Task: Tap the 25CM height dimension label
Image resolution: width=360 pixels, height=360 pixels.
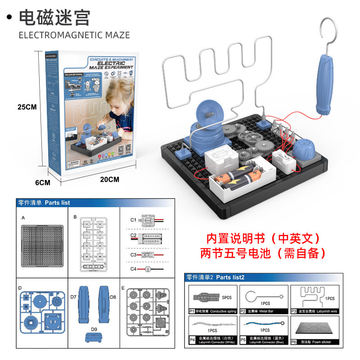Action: pos(27,107)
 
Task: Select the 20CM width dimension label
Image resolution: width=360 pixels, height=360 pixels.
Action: pos(110,179)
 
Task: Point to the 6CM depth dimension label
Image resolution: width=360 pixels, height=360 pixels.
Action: pos(43,183)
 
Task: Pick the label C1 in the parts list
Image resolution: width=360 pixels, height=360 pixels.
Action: pos(133,220)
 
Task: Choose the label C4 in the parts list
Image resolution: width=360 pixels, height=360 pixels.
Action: pos(133,269)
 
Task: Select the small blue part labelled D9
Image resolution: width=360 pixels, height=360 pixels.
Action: pos(94,337)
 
